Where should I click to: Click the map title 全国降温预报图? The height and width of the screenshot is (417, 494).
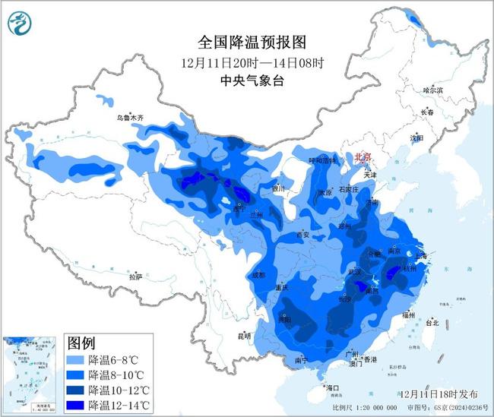244,42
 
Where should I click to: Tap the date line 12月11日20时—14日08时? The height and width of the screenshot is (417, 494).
244,62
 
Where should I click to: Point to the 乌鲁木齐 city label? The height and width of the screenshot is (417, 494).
129,118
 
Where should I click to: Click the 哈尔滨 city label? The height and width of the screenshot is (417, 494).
432,90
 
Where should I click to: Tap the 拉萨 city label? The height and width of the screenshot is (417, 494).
135,277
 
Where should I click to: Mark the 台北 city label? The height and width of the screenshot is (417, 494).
432,323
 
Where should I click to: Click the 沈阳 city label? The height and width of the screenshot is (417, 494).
416,138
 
